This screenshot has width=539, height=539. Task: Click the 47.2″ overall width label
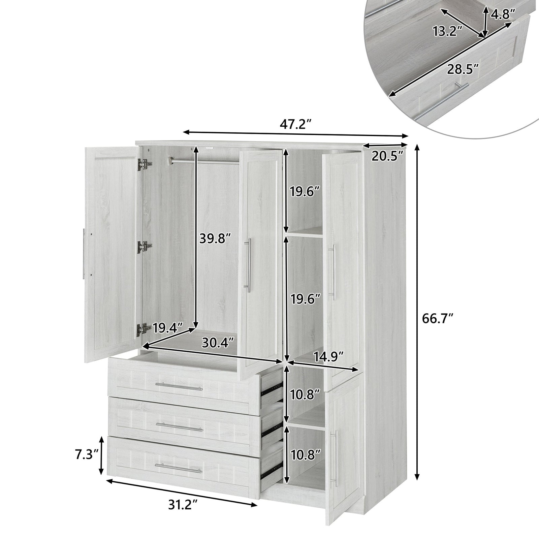[294, 124]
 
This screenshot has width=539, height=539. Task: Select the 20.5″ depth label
[388, 156]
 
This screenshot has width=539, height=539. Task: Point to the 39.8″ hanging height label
[215, 239]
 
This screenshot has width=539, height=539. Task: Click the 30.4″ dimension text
[218, 343]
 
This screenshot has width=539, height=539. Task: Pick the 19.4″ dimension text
[167, 327]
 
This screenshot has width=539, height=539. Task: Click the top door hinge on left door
[145, 164]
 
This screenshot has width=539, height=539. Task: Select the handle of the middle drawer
[179, 427]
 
